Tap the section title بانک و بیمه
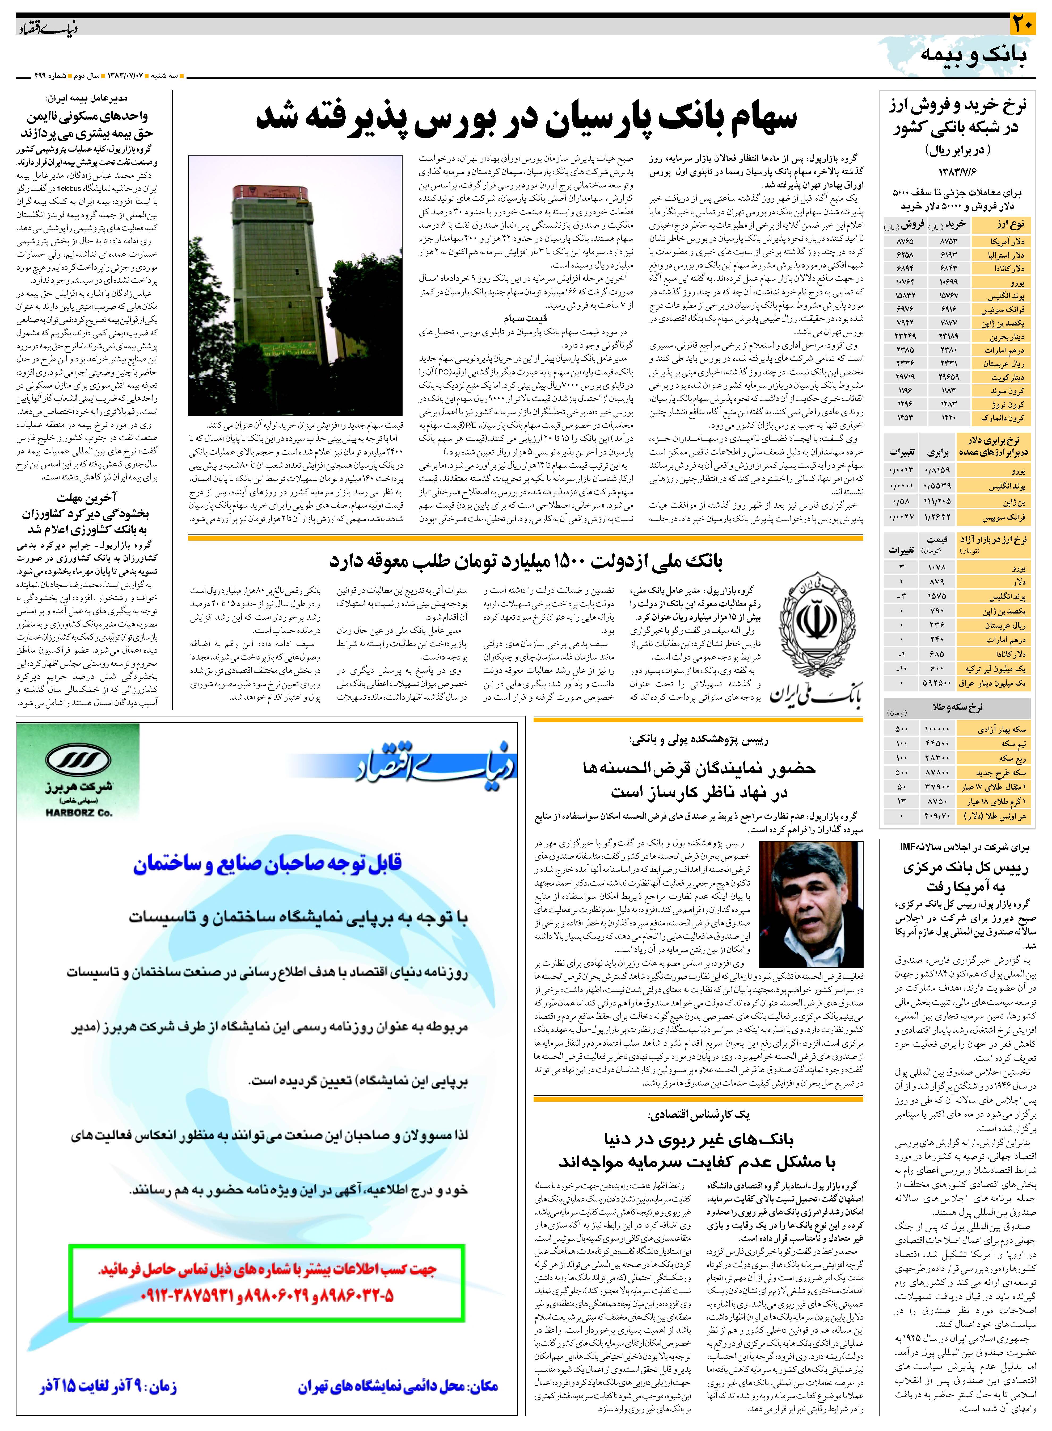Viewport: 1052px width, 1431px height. (x=973, y=55)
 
